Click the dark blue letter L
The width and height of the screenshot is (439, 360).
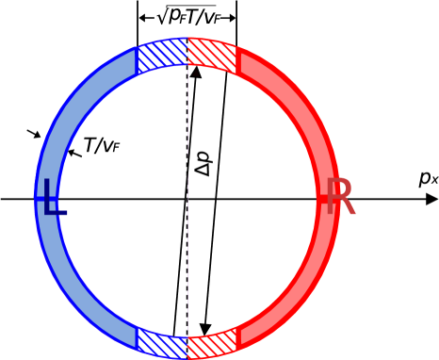pos(52,199)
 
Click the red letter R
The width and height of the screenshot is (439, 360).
pos(340,197)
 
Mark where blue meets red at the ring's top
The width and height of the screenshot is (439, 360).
pos(187,52)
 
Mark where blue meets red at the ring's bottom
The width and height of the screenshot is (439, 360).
pos(187,345)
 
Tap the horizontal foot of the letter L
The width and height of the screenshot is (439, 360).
pos(57,214)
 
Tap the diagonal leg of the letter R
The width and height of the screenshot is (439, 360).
pos(348,208)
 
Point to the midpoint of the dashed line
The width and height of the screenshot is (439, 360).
pos(187,198)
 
